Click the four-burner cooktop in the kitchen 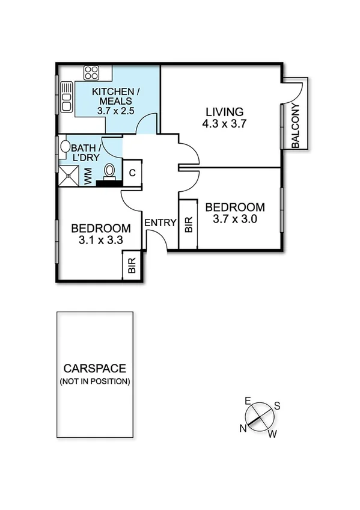tap(92, 73)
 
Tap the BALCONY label tap(296, 126)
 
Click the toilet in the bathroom tap(109, 171)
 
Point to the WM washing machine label tap(88, 176)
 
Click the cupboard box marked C tap(133, 173)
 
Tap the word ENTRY tap(160, 223)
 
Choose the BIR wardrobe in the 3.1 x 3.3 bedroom tap(132, 265)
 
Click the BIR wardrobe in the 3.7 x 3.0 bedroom tap(189, 225)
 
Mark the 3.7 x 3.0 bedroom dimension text tap(235, 220)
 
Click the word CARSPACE tap(94, 369)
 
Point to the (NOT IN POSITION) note tap(94, 382)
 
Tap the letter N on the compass tap(243, 428)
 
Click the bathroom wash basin tap(64, 146)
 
